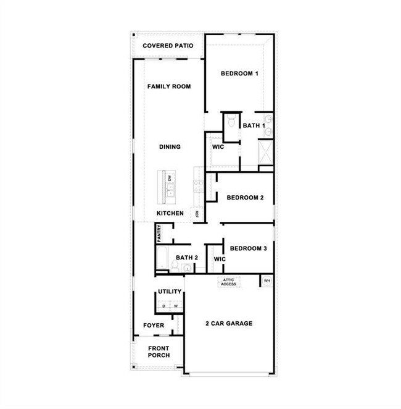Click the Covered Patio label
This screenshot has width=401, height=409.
[x=168, y=46]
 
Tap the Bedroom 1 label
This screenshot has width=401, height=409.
[x=239, y=74]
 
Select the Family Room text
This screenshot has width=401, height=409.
[x=168, y=86]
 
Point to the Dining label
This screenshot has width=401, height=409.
[x=170, y=147]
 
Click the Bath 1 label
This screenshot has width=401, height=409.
[x=253, y=125]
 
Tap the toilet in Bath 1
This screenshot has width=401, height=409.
[x=230, y=122]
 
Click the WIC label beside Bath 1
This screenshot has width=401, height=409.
[x=217, y=148]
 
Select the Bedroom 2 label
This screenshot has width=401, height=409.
[x=245, y=198]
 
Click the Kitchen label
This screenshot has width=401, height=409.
[x=170, y=213]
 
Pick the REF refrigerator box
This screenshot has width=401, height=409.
[x=197, y=213]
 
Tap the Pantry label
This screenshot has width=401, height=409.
[x=159, y=233]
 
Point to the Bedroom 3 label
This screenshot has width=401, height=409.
[x=248, y=248]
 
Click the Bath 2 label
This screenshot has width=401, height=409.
[x=186, y=258]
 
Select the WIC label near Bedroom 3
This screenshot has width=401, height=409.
[x=219, y=259]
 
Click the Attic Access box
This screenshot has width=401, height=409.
[x=229, y=282]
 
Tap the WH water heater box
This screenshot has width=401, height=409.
[x=267, y=281]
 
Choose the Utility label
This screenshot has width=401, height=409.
[x=170, y=292]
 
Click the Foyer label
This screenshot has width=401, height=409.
[x=154, y=325]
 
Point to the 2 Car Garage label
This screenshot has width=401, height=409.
[x=229, y=323]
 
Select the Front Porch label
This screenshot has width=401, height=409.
[x=159, y=352]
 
